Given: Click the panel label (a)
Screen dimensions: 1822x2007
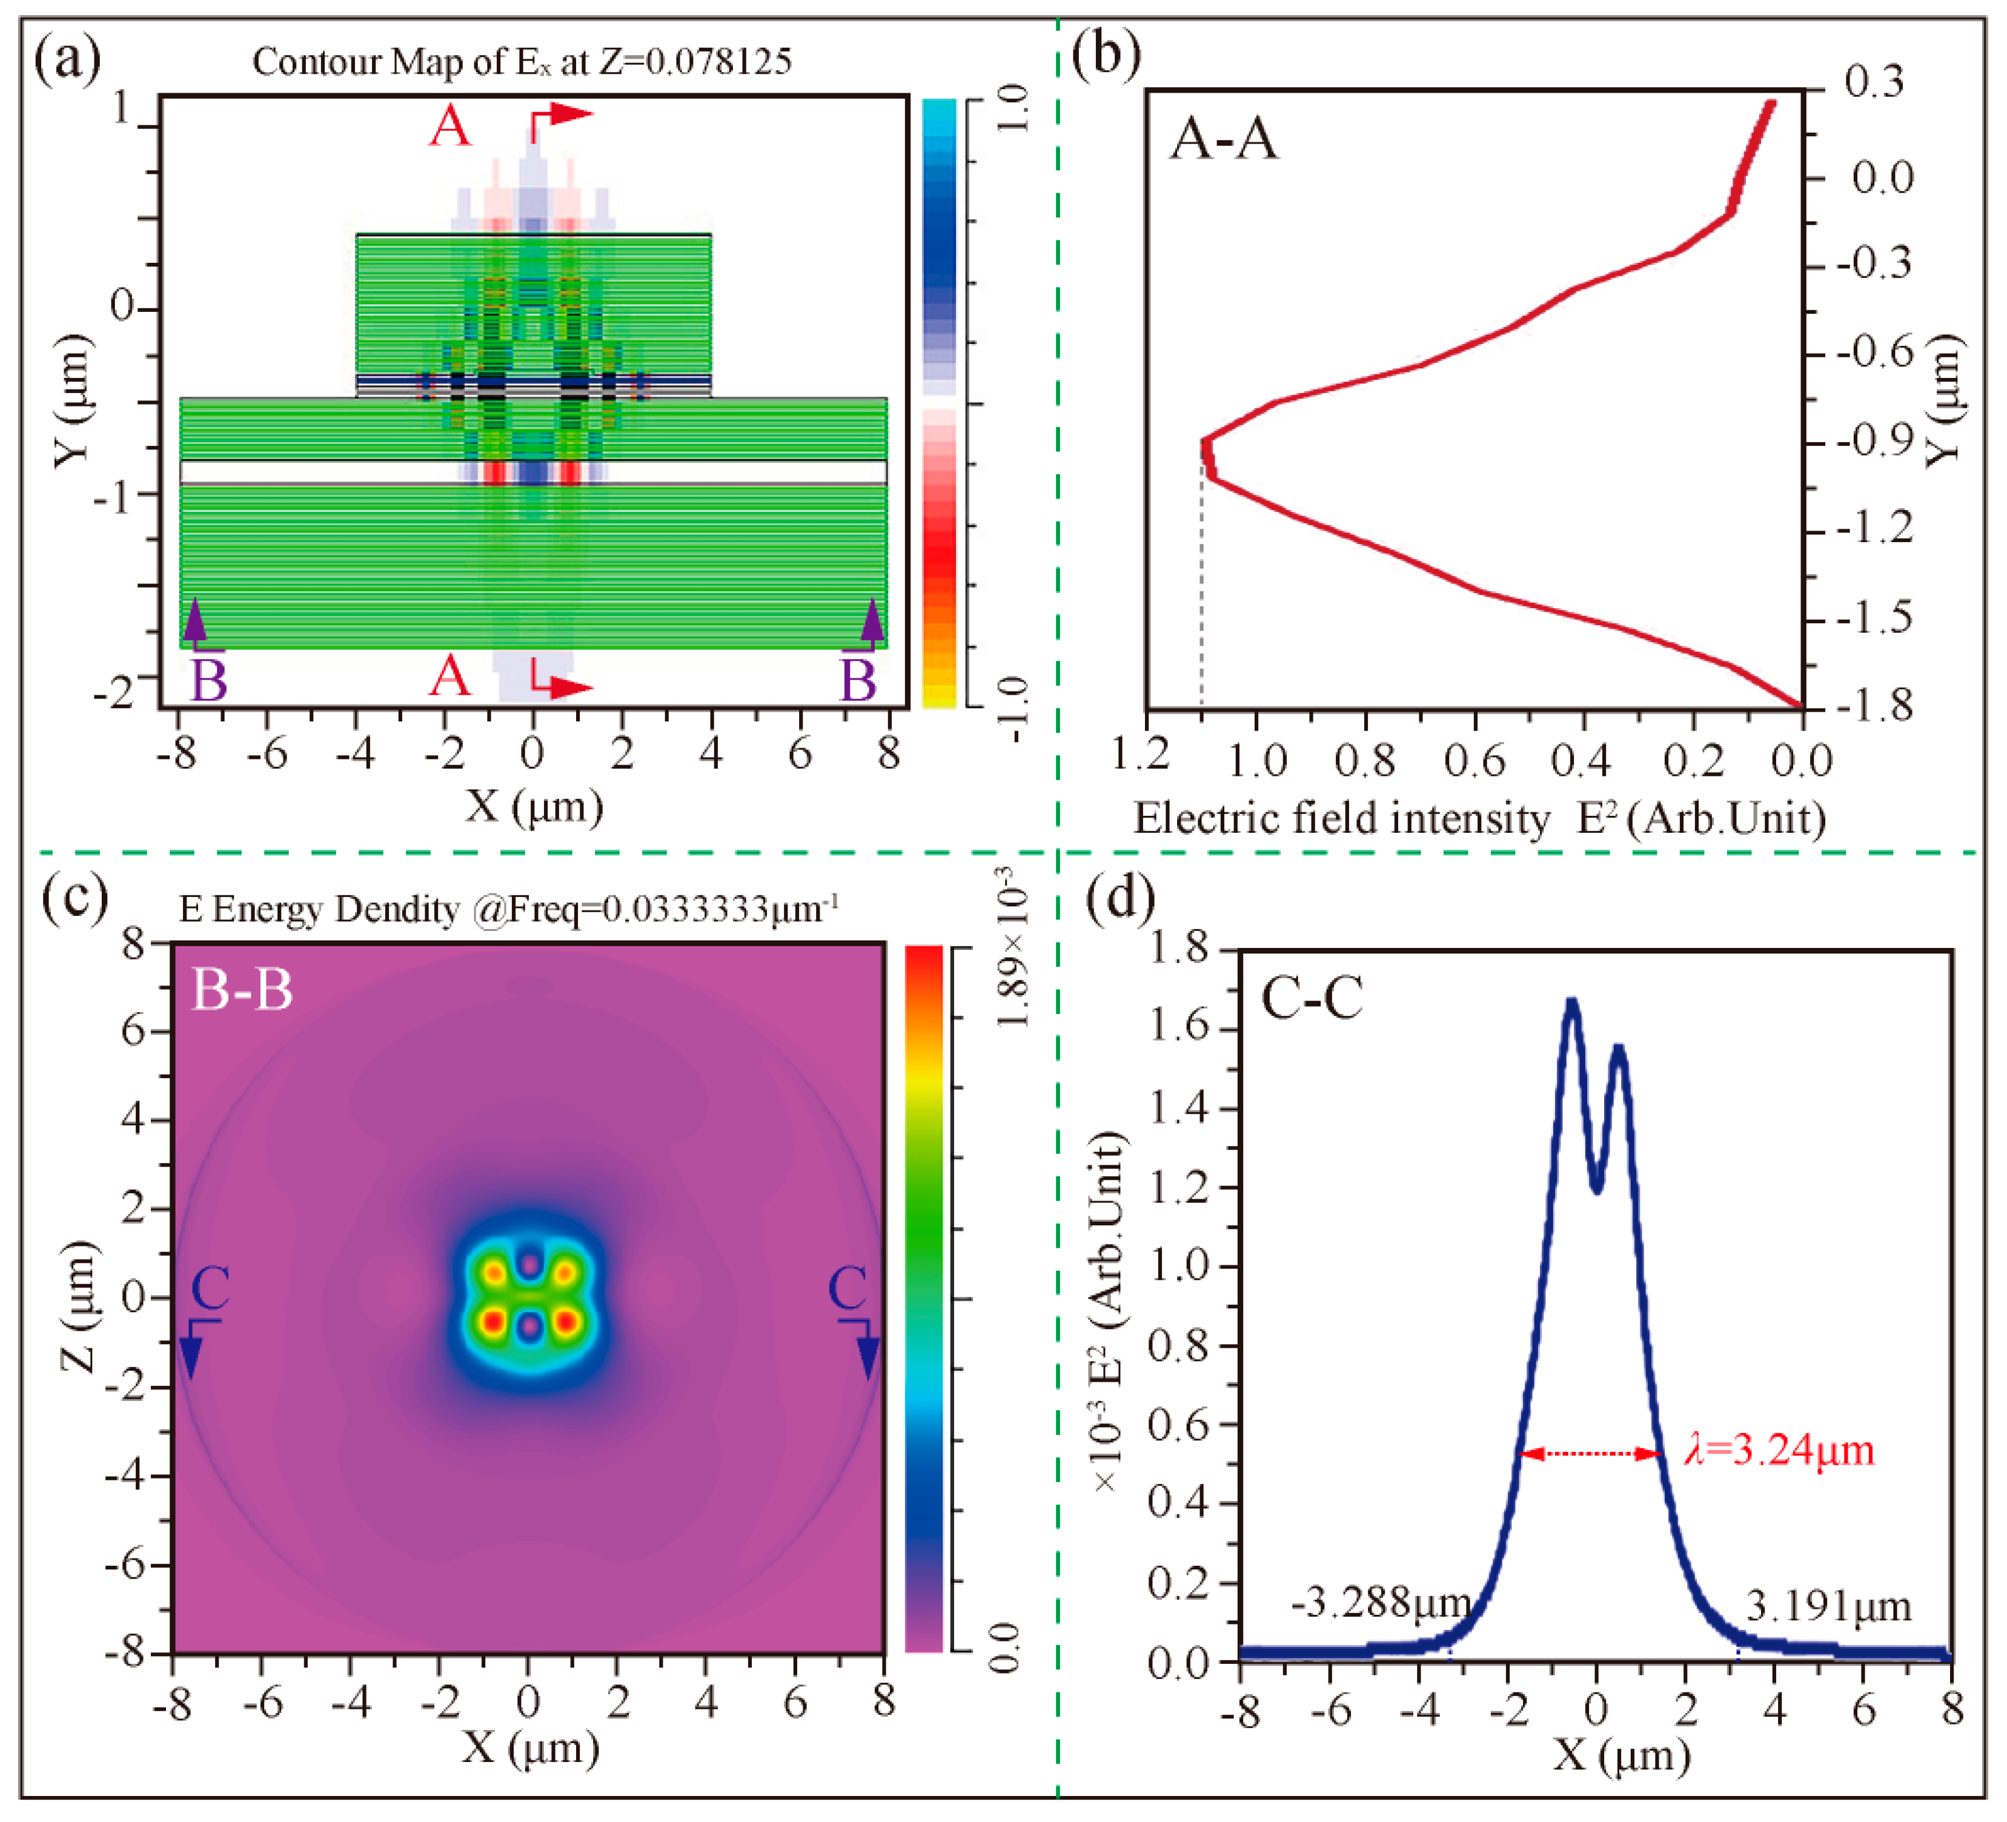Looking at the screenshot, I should [x=68, y=60].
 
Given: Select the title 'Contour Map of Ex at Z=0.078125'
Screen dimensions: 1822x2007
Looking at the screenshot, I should [x=522, y=62].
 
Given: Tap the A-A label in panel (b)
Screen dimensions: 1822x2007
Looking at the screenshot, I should [x=1224, y=137].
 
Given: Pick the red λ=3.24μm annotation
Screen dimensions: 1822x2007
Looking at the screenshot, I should [x=1778, y=1451].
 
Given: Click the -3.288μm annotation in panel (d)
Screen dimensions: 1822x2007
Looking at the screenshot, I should [x=1381, y=1603].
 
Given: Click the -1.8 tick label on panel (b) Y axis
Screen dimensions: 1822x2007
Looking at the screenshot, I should [x=1872, y=706].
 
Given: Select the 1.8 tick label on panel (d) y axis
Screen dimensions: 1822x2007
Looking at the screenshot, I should [x=1182, y=949].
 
